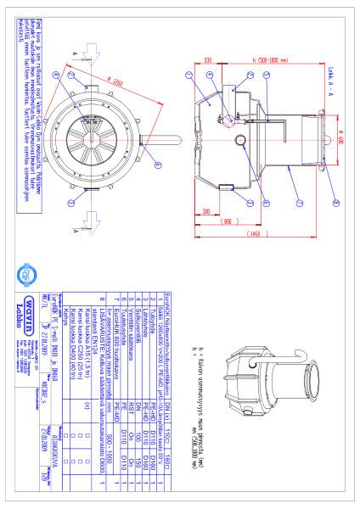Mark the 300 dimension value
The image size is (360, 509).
point(200,210)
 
